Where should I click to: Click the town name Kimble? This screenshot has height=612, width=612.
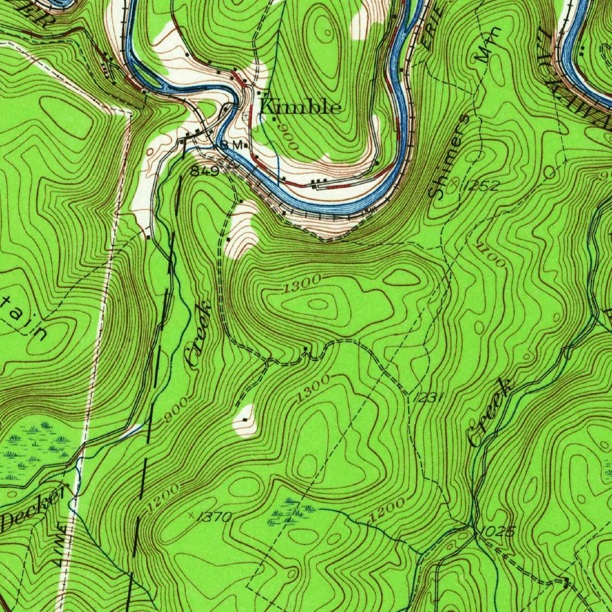pos(301,107)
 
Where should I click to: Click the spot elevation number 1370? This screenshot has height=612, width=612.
pos(215,518)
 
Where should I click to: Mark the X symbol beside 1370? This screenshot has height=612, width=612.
pos(191,514)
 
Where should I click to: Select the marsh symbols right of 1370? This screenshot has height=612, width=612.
pos(292,511)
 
